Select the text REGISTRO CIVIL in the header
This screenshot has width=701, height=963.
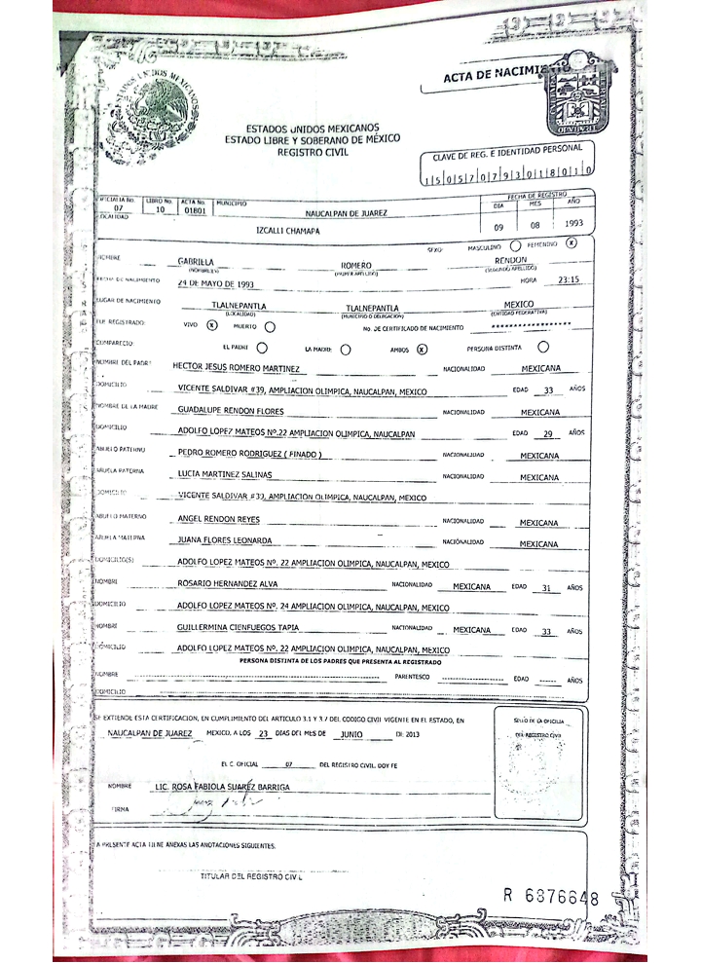point(313,152)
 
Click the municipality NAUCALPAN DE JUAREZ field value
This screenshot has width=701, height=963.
point(345,211)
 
